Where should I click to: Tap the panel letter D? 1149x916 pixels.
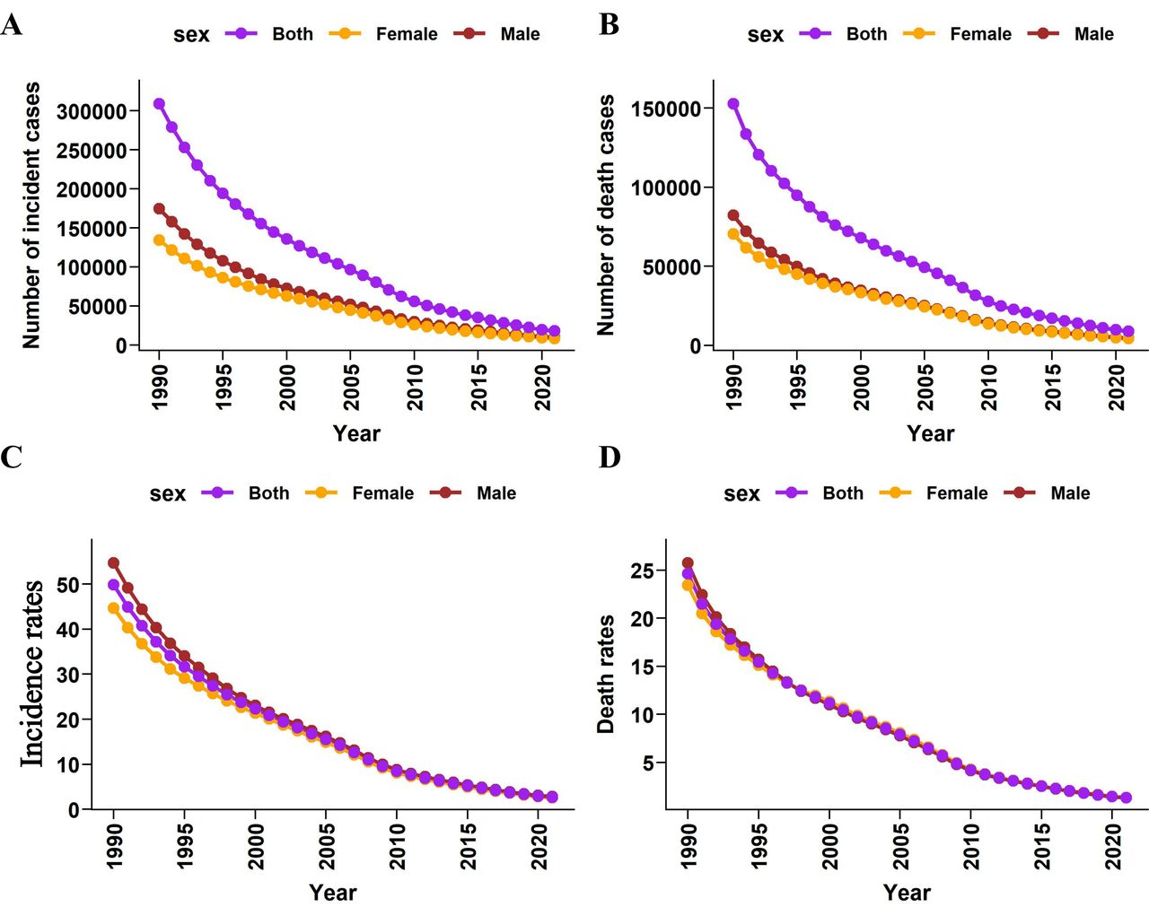[x=609, y=458]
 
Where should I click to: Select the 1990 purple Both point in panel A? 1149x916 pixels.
[x=159, y=104]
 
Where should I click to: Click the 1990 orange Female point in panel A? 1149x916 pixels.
[x=159, y=240]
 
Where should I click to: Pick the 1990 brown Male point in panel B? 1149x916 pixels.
[x=733, y=215]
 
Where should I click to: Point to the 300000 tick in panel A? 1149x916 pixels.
[x=91, y=111]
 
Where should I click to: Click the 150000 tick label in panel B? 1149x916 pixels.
[x=665, y=109]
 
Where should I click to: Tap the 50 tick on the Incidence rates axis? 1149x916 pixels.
[x=68, y=584]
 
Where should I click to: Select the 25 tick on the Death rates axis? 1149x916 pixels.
[x=642, y=571]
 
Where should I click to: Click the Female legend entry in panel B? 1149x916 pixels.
[x=980, y=34]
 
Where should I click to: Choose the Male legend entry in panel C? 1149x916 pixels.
[x=496, y=493]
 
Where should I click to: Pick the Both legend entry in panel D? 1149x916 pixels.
[x=842, y=493]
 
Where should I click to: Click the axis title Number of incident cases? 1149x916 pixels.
[x=31, y=215]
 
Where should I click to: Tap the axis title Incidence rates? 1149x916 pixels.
[x=33, y=674]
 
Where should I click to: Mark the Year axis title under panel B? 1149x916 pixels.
[x=930, y=433]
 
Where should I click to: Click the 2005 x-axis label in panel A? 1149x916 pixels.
[x=351, y=387]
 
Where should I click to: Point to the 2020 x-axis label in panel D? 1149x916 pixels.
[x=1113, y=846]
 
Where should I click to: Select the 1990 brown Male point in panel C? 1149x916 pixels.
[x=114, y=563]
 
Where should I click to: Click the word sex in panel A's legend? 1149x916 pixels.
[x=191, y=35]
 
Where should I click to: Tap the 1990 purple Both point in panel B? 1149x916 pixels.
[x=733, y=104]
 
